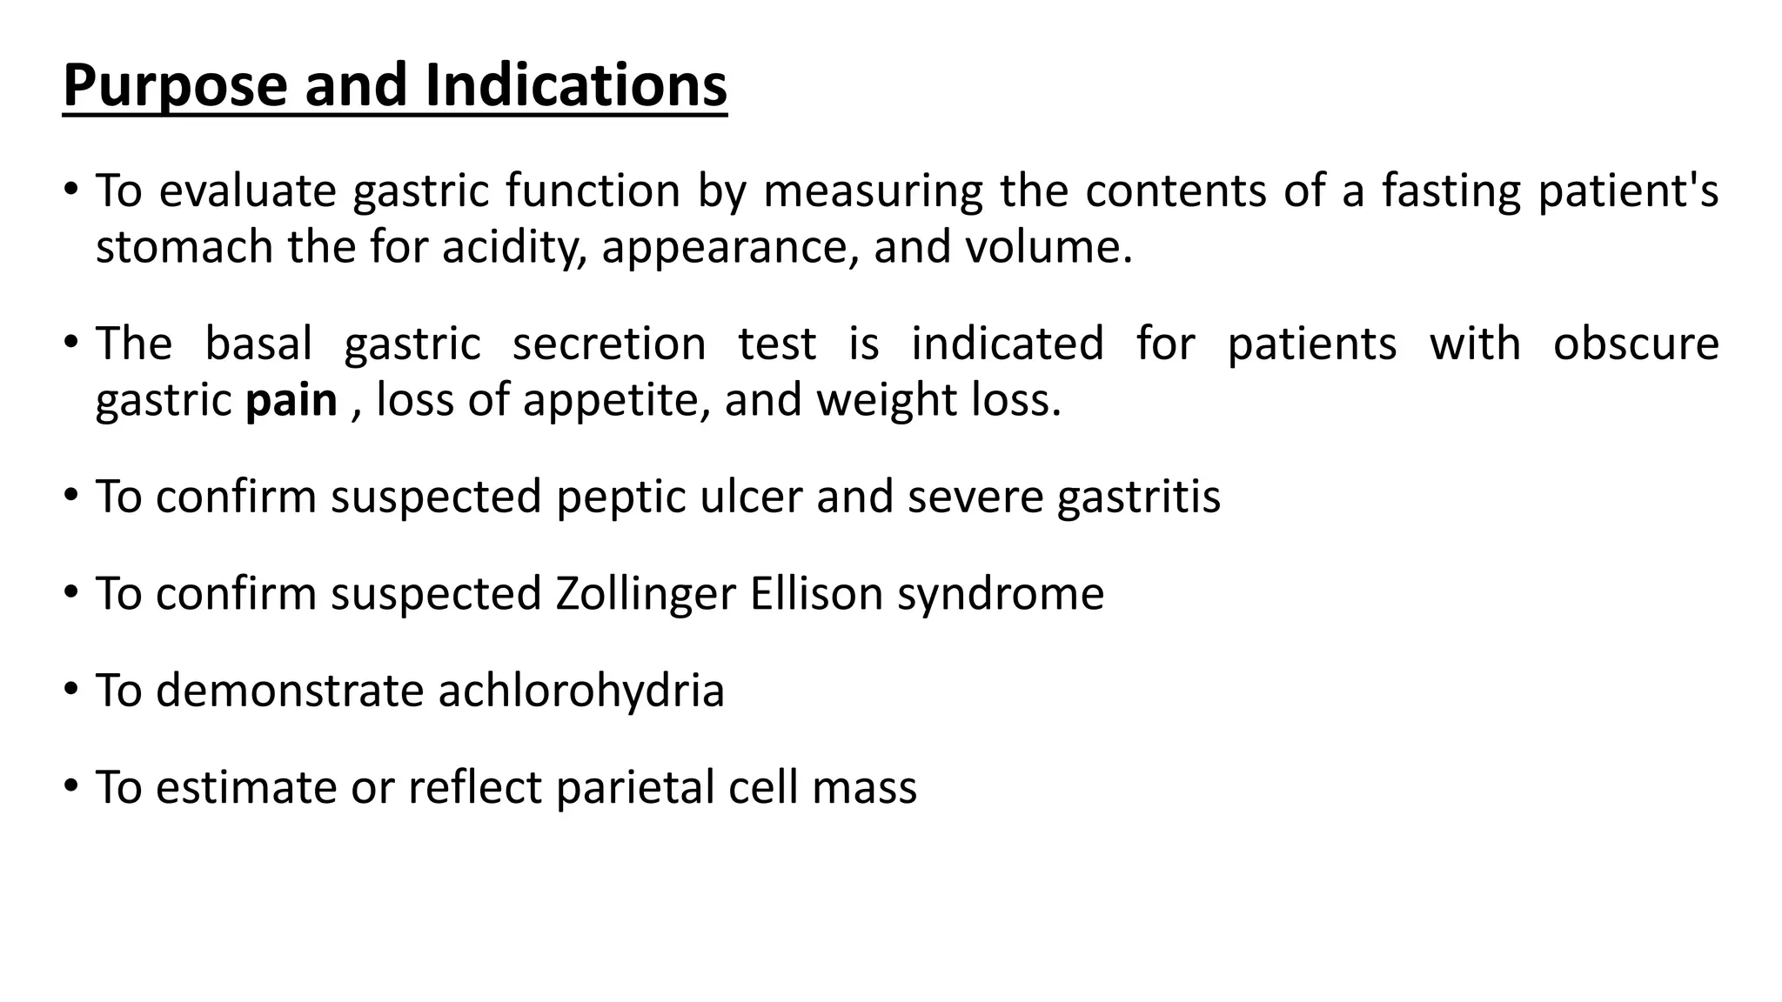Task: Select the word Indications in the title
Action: point(576,86)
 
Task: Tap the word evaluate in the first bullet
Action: point(247,190)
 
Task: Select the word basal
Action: point(258,344)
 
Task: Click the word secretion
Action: point(609,344)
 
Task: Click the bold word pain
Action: point(291,400)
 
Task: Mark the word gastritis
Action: point(1139,497)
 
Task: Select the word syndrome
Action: point(1001,594)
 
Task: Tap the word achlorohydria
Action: point(581,691)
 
